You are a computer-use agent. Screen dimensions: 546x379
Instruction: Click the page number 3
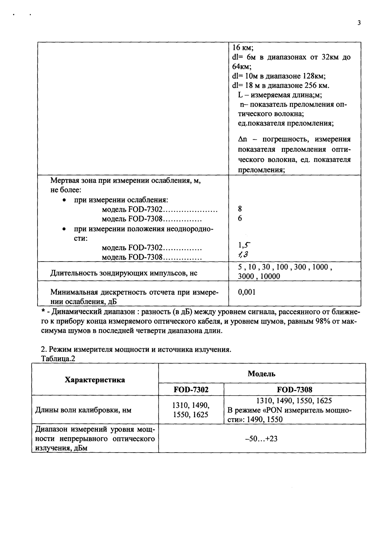pyautogui.click(x=359, y=23)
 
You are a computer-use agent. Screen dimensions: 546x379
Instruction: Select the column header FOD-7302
pyautogui.click(x=191, y=390)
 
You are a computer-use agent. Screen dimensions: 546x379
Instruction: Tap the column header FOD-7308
pyautogui.click(x=294, y=390)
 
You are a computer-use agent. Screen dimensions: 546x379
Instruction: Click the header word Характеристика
pyautogui.click(x=95, y=380)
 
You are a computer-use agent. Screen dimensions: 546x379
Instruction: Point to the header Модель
pyautogui.click(x=261, y=374)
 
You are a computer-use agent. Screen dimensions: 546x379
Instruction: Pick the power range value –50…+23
pyautogui.click(x=261, y=439)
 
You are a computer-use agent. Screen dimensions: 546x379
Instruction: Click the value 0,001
pyautogui.click(x=246, y=292)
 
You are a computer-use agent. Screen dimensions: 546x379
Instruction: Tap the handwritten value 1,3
pyautogui.click(x=243, y=256)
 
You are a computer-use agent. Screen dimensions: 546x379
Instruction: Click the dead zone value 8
pyautogui.click(x=240, y=209)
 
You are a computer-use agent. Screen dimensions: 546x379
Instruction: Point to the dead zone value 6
pyautogui.click(x=240, y=218)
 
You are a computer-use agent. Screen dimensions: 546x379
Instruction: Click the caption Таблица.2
pyautogui.click(x=58, y=359)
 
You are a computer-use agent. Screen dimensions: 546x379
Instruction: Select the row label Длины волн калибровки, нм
pyautogui.click(x=84, y=410)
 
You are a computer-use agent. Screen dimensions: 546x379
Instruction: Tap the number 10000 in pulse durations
pyautogui.click(x=270, y=276)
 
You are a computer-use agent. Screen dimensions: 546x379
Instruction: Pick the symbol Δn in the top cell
pyautogui.click(x=242, y=140)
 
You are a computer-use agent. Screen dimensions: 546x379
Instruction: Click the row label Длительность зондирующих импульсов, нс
pyautogui.click(x=124, y=273)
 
